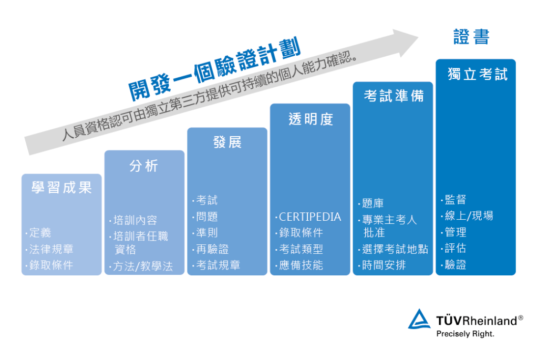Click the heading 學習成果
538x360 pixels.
click(x=61, y=188)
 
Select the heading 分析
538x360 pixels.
click(x=143, y=166)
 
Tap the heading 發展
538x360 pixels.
click(x=227, y=142)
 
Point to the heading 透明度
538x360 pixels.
click(x=311, y=119)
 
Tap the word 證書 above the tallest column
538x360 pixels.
click(x=471, y=37)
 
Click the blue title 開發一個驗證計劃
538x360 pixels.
click(x=215, y=67)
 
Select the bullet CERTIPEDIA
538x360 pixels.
click(x=309, y=217)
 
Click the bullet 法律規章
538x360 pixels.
click(x=51, y=249)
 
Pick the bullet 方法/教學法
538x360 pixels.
click(x=142, y=266)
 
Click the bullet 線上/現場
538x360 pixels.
click(x=469, y=216)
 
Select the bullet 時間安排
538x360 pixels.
click(x=384, y=265)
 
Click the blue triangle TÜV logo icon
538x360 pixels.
click(x=419, y=320)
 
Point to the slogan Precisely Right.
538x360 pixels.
click(x=465, y=333)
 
